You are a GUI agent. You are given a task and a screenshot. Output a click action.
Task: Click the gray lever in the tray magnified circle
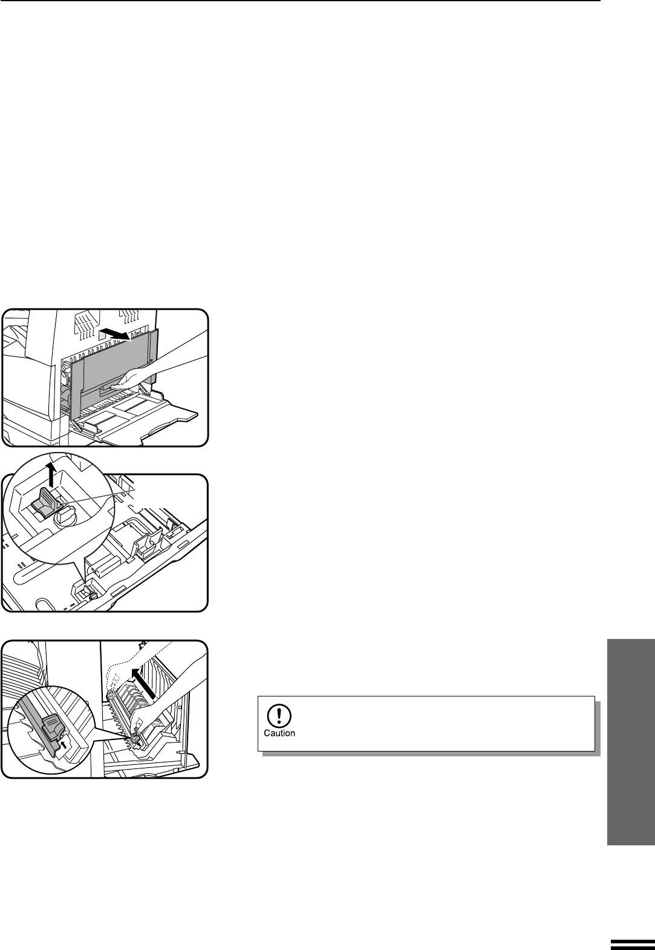click(x=47, y=502)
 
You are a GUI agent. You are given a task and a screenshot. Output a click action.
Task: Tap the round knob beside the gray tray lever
click(x=66, y=517)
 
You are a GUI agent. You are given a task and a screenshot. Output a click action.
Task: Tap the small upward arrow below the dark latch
click(x=64, y=744)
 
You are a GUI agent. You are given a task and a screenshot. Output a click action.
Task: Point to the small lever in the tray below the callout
click(x=90, y=592)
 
